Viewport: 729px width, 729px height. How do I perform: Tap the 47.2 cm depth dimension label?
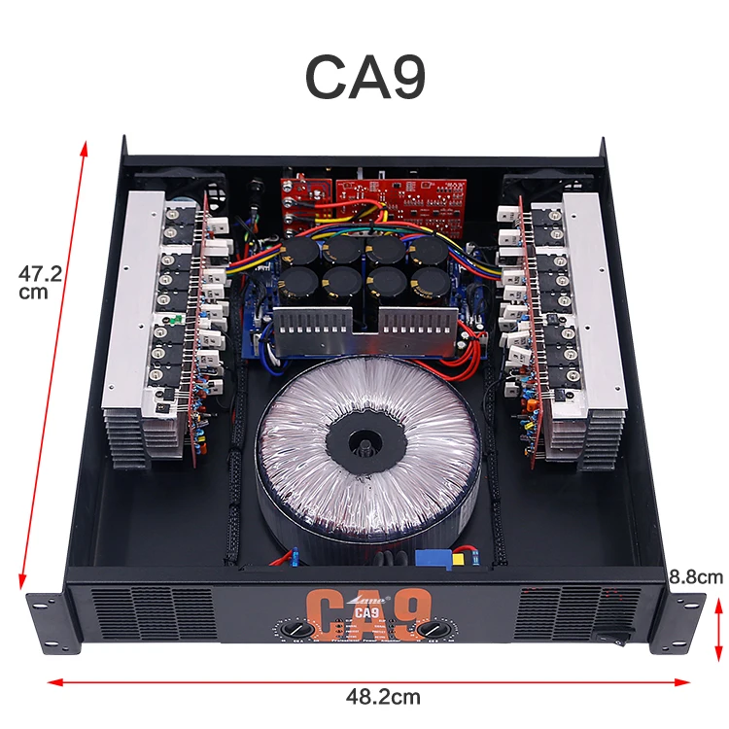[40, 283]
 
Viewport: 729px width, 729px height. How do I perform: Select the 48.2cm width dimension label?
[383, 696]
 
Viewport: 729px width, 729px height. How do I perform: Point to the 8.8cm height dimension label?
[695, 577]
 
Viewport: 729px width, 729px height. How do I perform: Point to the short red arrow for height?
[718, 627]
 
